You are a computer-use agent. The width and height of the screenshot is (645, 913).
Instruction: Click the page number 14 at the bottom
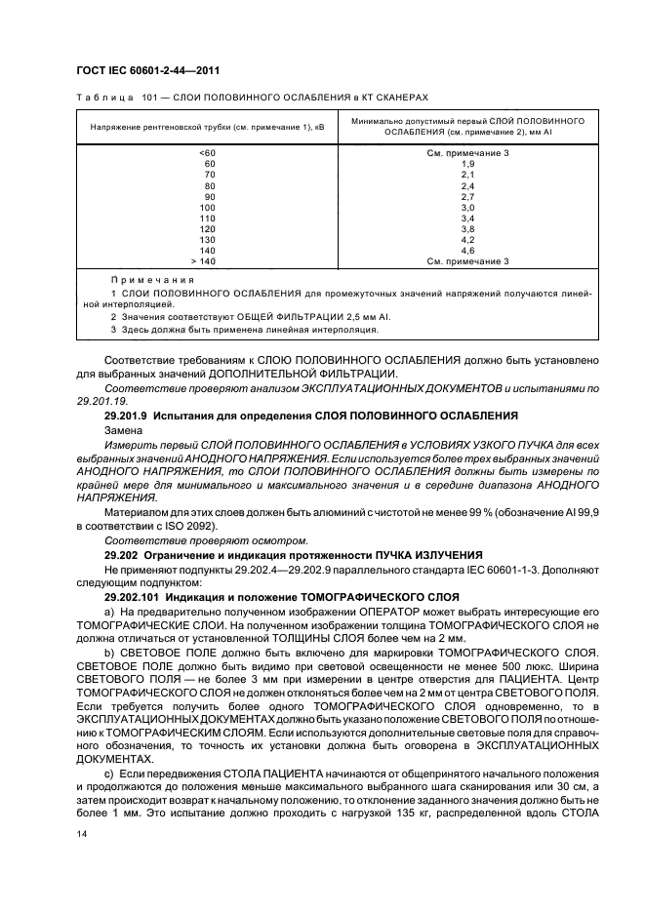pos(81,834)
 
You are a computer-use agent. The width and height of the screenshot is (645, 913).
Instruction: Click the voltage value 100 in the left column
pos(207,208)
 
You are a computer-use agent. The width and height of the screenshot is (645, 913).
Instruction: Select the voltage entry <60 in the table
pos(207,153)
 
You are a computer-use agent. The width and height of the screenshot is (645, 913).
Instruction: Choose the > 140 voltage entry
pos(203,261)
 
